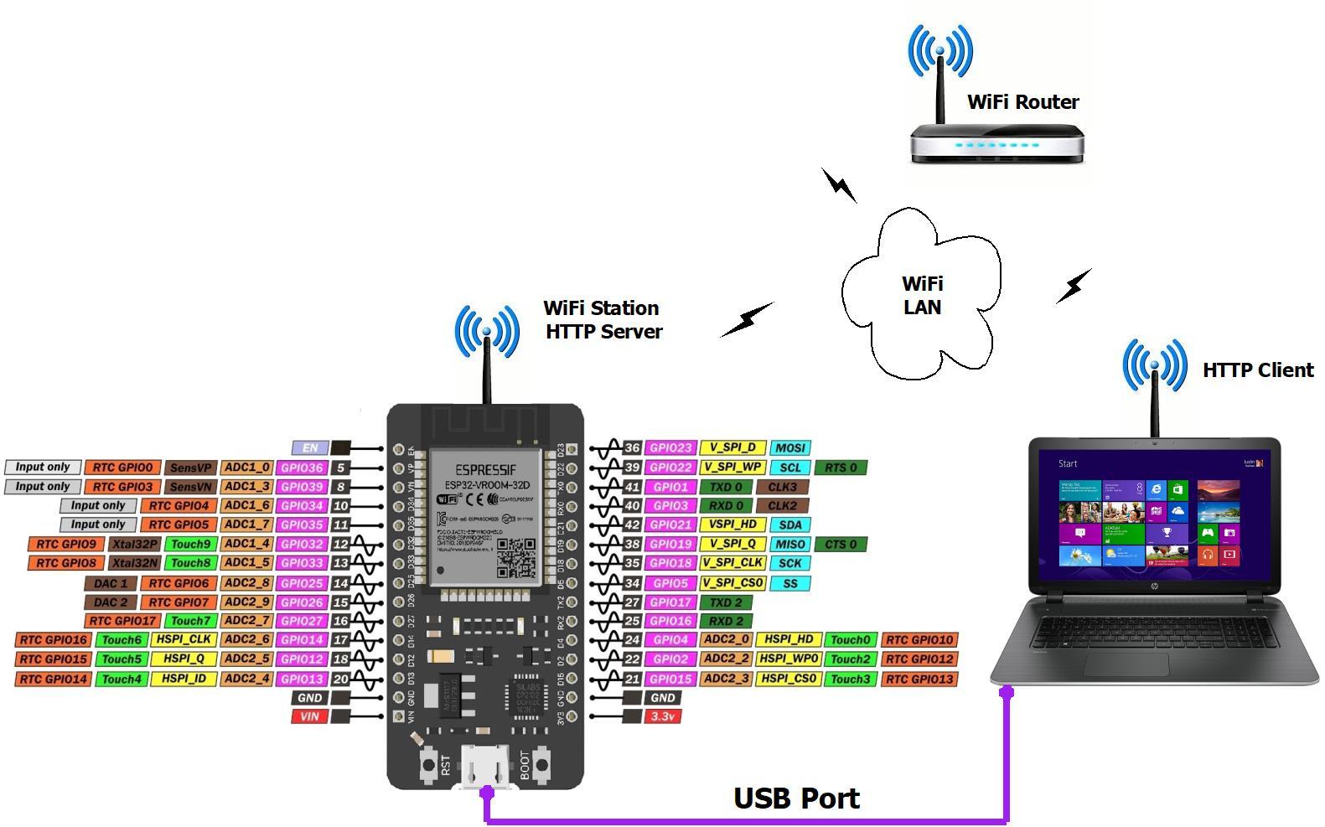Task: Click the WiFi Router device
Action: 996,143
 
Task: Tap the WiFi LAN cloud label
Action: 922,295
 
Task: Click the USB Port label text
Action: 796,799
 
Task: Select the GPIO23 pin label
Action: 670,448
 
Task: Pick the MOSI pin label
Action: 789,448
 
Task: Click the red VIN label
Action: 309,716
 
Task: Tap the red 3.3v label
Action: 662,716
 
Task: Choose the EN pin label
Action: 309,448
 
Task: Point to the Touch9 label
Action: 190,544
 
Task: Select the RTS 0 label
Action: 841,468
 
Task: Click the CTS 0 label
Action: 841,544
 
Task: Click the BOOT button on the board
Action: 543,763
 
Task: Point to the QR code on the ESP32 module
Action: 515,557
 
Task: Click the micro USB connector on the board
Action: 485,767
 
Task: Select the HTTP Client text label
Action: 1257,370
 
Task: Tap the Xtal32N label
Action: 134,563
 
